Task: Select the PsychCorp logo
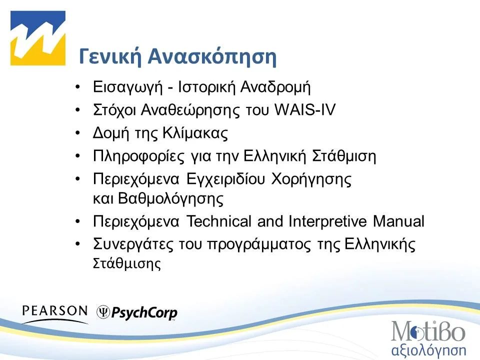click(137, 313)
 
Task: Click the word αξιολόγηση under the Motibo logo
click(427, 348)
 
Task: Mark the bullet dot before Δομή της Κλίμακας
click(77, 133)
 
